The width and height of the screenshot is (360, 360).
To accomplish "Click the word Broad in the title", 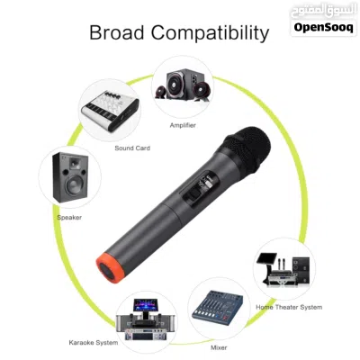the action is point(117,32).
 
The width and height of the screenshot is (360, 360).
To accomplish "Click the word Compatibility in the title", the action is point(210,33).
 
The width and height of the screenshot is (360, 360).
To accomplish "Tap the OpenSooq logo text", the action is point(323,27).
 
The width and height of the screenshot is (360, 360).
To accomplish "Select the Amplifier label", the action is point(183,125).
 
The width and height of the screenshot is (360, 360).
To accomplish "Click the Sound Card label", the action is point(132,148).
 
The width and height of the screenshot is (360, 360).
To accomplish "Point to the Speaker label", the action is point(69,218).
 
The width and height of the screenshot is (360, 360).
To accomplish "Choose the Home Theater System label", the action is point(289,307).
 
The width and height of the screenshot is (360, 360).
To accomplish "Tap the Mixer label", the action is point(219,347).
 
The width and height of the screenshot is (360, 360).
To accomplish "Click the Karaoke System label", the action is point(94,343).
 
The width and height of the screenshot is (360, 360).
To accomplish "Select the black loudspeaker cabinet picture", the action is point(70,177).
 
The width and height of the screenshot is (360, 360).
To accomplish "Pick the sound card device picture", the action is point(110,110).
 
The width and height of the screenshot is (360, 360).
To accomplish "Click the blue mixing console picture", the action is point(217,309).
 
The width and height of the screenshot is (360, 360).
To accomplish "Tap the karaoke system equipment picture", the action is point(146,319).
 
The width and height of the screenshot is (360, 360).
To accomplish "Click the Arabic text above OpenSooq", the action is point(323,12).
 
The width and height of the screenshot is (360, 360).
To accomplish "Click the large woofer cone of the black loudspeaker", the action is point(74,184).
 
